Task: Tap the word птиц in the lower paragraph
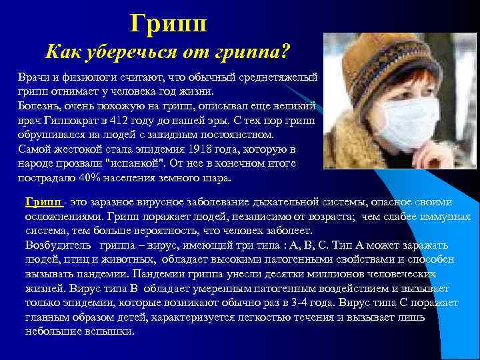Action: (x=79, y=260)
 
